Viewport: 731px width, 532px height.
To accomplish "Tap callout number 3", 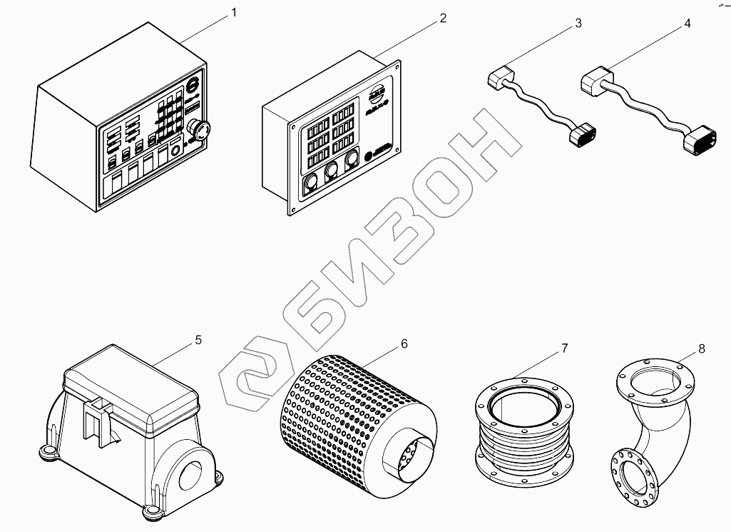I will click(x=578, y=24).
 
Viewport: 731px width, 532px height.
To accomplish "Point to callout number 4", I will click(x=687, y=24).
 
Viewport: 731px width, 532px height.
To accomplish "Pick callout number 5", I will click(x=198, y=340).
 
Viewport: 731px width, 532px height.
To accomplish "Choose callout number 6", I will click(x=404, y=344).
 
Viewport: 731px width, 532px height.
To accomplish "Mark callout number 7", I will click(x=564, y=348).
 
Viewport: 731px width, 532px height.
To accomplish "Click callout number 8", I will click(x=702, y=348).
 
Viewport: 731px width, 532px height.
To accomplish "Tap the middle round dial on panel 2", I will click(x=331, y=173).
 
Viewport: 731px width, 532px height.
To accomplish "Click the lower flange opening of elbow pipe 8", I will click(x=633, y=475).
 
